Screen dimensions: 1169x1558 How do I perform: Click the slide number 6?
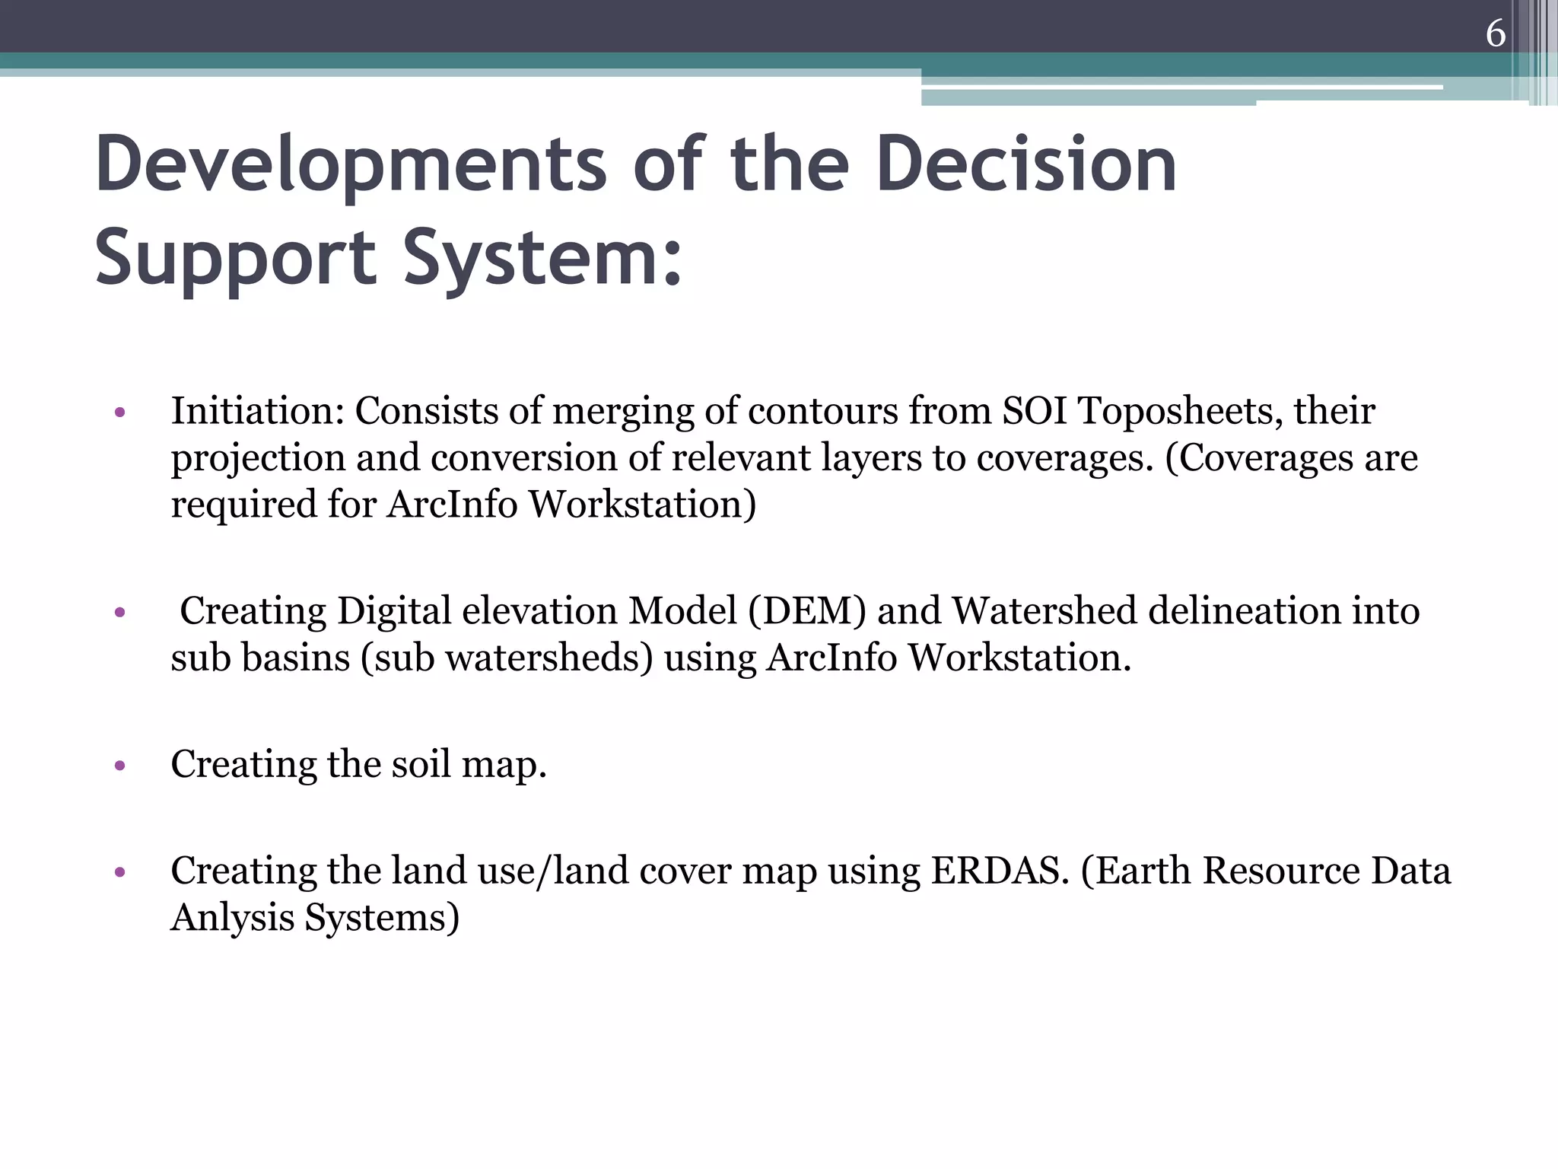tap(1495, 33)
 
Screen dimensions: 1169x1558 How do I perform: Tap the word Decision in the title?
tap(1026, 164)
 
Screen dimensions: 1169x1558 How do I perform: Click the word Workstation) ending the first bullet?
tap(643, 505)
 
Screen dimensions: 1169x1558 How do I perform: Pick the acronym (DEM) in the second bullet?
tap(807, 611)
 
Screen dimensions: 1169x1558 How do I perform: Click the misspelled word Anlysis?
tap(232, 917)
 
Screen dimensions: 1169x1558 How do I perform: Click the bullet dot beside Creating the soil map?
tap(119, 766)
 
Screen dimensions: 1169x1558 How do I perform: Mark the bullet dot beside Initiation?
tap(119, 413)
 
